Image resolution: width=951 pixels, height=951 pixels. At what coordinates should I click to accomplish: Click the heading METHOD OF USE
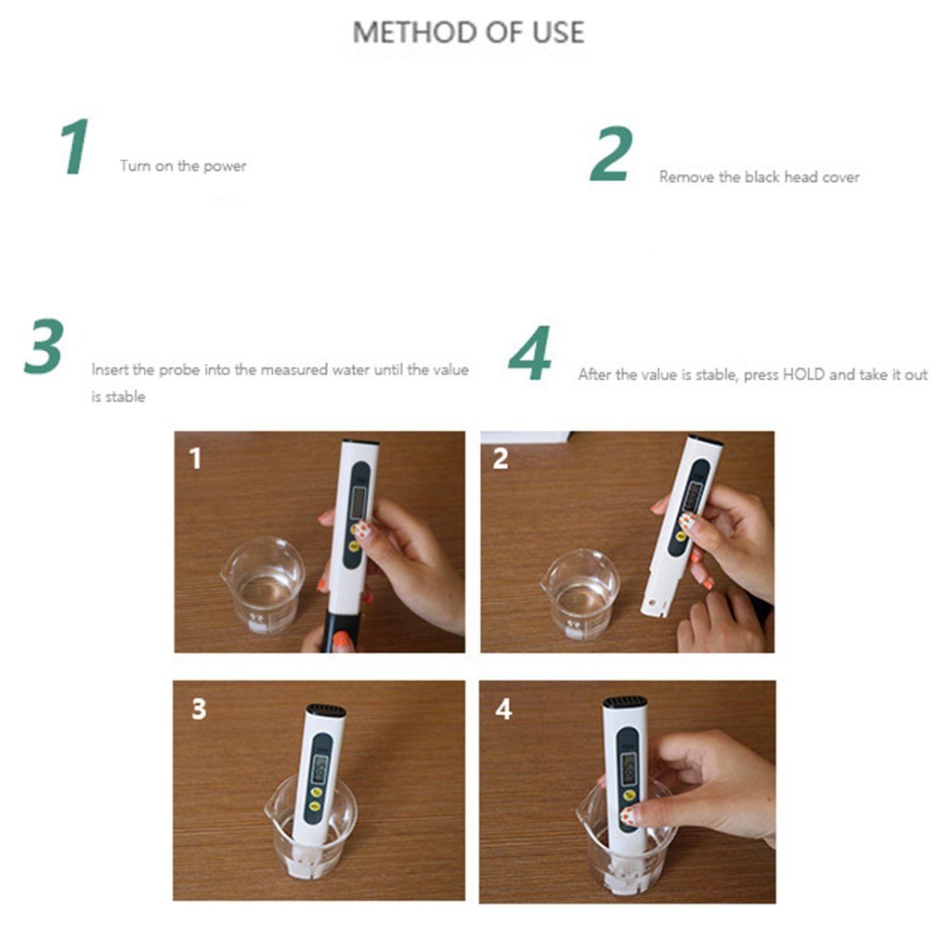(468, 33)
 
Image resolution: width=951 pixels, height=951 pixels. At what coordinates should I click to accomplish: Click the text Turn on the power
(183, 165)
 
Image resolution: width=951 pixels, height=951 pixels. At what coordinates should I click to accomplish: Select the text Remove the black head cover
(760, 176)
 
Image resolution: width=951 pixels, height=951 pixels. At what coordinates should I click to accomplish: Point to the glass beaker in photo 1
(263, 584)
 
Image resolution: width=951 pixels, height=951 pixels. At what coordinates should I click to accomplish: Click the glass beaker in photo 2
(581, 593)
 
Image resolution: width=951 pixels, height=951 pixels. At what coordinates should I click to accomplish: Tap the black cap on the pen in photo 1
(342, 632)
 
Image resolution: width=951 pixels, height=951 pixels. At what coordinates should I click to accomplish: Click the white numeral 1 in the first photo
(195, 459)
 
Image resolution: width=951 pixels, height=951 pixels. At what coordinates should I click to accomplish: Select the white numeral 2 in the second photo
(501, 459)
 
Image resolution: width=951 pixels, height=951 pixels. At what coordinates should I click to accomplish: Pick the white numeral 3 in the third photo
(199, 709)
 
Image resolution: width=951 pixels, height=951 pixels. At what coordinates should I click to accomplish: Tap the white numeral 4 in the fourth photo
(503, 709)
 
